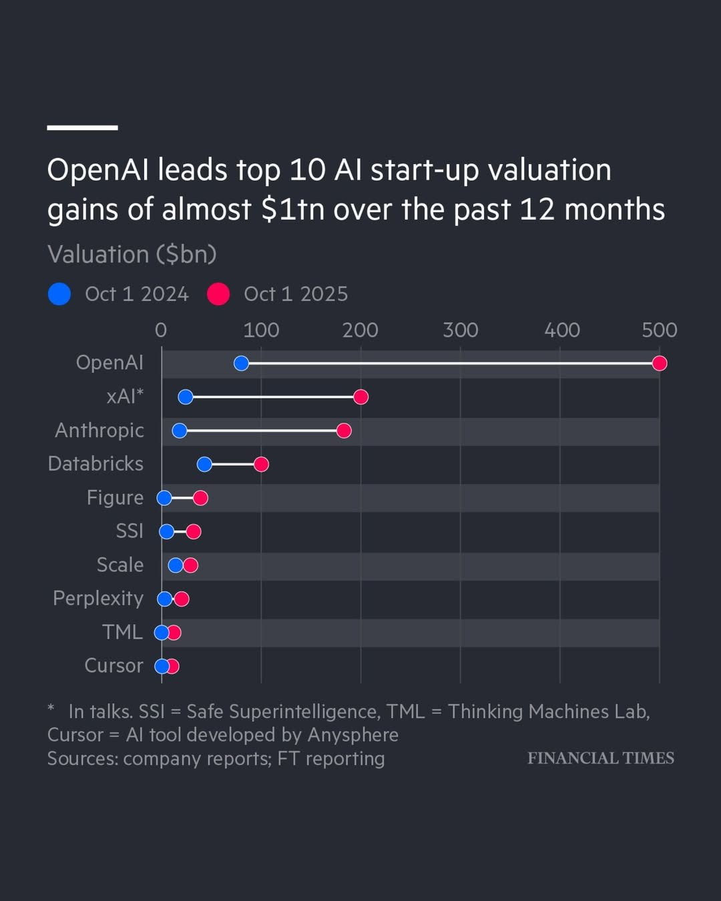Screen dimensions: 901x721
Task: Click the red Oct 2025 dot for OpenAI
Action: click(x=660, y=363)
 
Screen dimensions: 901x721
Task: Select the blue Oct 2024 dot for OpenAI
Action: click(x=241, y=363)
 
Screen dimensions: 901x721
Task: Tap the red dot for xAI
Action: click(x=360, y=397)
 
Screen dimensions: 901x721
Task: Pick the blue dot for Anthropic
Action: click(x=180, y=430)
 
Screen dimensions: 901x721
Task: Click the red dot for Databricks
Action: click(x=261, y=465)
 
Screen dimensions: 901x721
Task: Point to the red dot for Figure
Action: click(x=200, y=498)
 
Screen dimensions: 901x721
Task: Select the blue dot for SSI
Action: click(x=167, y=531)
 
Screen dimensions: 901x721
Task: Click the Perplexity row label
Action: click(x=98, y=599)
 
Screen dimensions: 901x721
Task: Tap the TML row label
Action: click(x=122, y=632)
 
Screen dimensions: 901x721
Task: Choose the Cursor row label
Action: click(x=113, y=665)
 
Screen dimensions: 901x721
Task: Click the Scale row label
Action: click(x=120, y=565)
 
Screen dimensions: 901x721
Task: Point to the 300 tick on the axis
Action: click(x=461, y=330)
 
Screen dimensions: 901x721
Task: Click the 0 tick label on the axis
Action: click(x=161, y=330)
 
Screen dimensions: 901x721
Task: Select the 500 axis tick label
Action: click(x=660, y=330)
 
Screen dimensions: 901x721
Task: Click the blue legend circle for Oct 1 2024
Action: click(x=59, y=294)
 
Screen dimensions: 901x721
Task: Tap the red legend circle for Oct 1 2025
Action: click(x=218, y=294)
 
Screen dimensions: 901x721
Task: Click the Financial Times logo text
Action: click(x=600, y=758)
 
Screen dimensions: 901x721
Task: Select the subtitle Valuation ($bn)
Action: click(x=132, y=254)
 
